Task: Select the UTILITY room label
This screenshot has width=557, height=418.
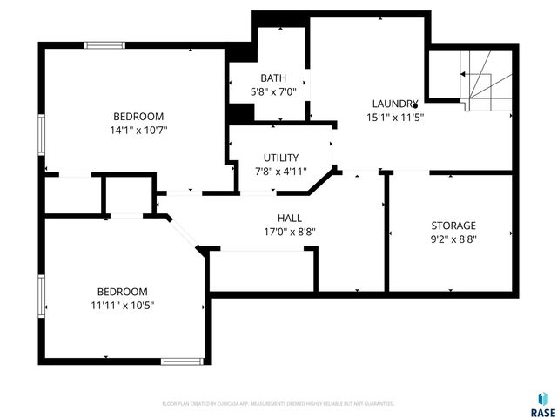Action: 281,158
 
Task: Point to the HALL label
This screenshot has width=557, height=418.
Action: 290,218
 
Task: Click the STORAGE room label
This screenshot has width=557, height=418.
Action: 453,226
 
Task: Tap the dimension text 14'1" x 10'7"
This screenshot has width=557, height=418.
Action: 139,130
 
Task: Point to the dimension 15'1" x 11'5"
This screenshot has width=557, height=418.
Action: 395,117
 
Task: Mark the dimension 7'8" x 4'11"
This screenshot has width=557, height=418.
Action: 281,171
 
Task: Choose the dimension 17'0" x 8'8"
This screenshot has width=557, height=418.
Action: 290,232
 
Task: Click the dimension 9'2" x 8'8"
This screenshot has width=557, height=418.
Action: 453,239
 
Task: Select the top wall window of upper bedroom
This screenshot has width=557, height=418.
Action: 104,45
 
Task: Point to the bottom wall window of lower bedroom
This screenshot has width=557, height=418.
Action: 183,361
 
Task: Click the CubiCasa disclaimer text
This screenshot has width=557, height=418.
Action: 278,404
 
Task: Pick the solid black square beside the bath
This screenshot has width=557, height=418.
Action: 240,114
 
